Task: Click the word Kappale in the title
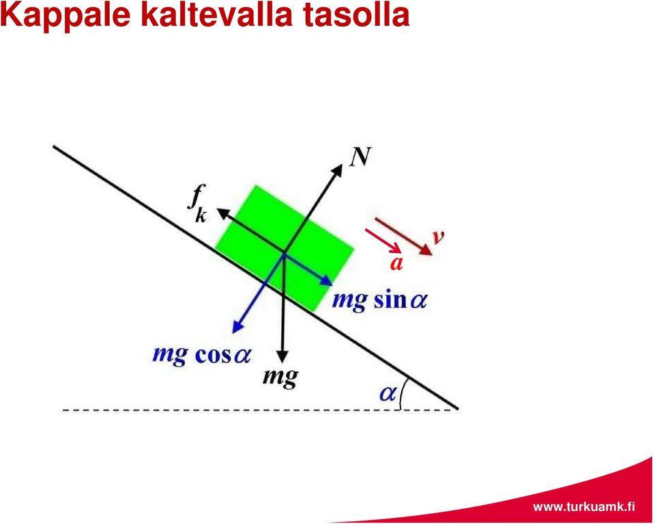[66, 15]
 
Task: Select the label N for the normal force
[360, 157]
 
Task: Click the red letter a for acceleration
[396, 263]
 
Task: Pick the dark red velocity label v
[438, 237]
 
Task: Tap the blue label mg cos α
[201, 355]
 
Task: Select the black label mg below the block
[280, 378]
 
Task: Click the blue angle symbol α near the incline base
[388, 393]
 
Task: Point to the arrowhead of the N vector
[338, 169]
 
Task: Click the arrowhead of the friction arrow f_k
[222, 213]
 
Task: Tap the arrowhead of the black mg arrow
[282, 356]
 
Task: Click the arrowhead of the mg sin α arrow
[327, 281]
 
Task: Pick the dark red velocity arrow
[403, 237]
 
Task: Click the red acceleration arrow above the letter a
[383, 241]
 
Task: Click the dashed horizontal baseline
[260, 410]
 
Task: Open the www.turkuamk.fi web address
[584, 507]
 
